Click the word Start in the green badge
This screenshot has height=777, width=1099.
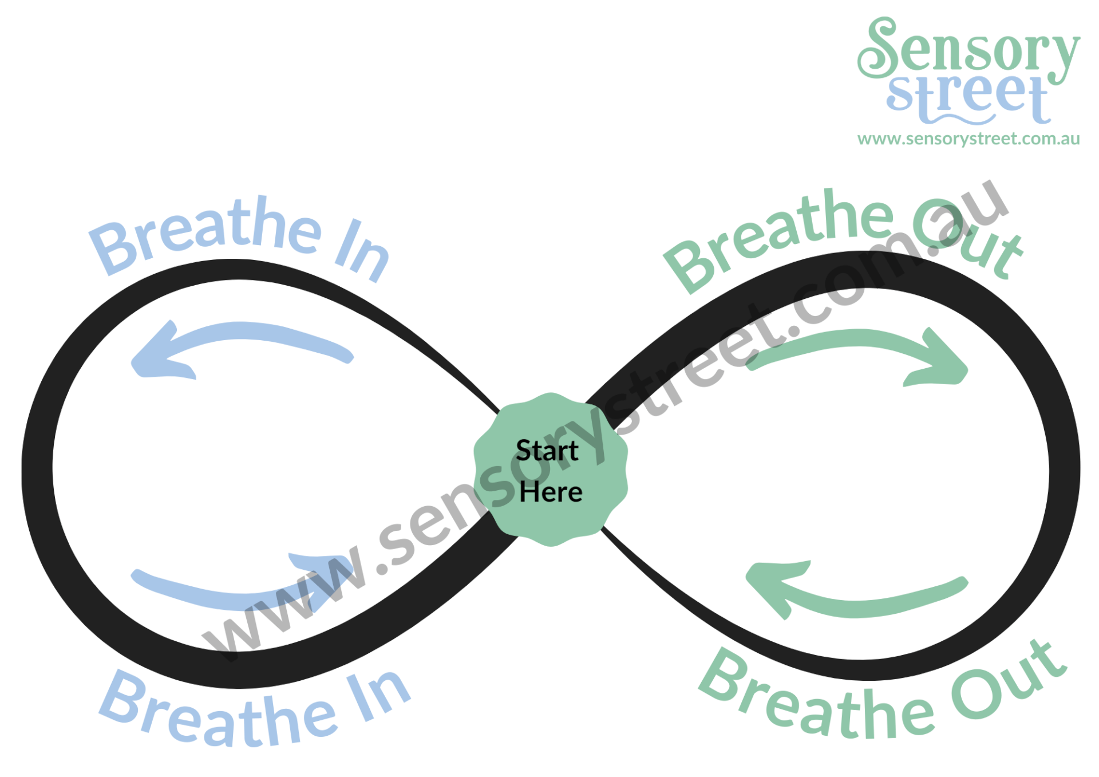(547, 451)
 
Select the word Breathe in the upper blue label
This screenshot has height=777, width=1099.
(206, 232)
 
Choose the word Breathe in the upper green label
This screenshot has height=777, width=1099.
(778, 238)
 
